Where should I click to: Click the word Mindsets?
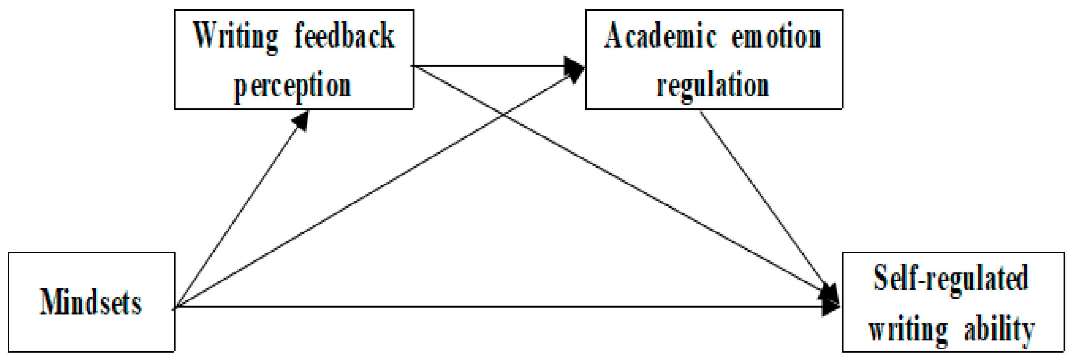pos(91,302)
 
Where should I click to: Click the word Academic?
pos(660,36)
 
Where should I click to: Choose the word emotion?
pos(776,36)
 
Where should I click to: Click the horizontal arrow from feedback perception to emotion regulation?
pos(489,66)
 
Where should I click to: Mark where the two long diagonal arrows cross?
pos(504,114)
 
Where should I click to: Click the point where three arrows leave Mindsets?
pos(176,307)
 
